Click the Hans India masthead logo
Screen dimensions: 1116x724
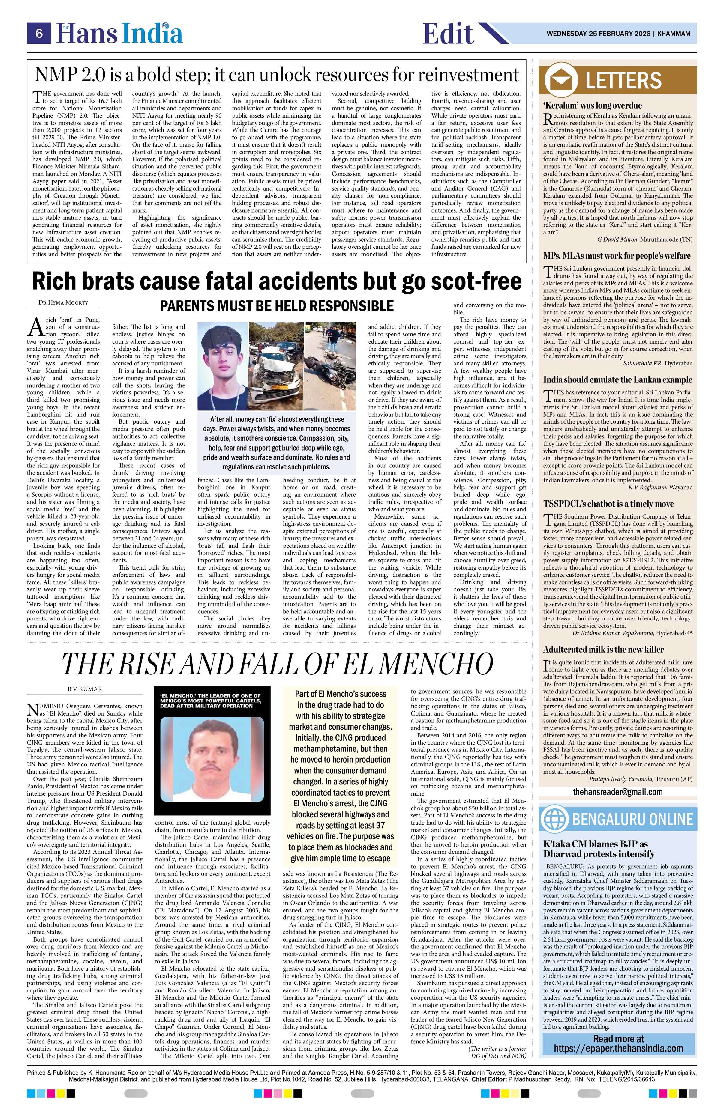[x=119, y=34]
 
